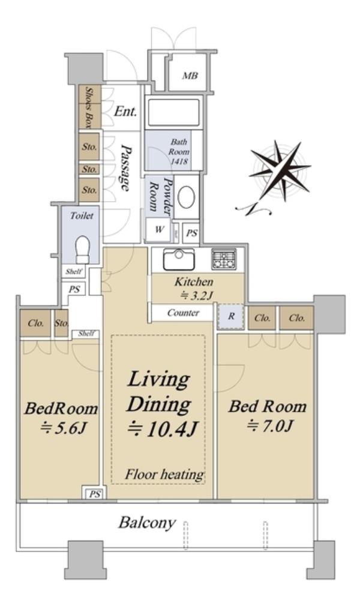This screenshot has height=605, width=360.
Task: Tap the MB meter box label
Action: pyautogui.click(x=190, y=76)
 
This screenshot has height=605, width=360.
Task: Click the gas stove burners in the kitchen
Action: pyautogui.click(x=223, y=259)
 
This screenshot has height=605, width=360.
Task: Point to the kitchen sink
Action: pyautogui.click(x=179, y=259)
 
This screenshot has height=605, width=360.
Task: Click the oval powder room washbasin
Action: pyautogui.click(x=187, y=197)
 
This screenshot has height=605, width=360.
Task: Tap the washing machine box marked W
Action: pyautogui.click(x=159, y=229)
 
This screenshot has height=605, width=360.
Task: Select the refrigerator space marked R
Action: pyautogui.click(x=231, y=316)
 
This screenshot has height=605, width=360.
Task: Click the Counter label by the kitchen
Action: pyautogui.click(x=183, y=313)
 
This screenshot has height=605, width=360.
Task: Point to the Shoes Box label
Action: pyautogui.click(x=89, y=107)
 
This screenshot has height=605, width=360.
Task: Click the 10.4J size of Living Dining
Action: pyautogui.click(x=163, y=429)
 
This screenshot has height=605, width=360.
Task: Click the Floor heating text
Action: pyautogui.click(x=164, y=474)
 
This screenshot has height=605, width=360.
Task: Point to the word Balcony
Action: pyautogui.click(x=147, y=523)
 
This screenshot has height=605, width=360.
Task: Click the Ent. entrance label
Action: pyautogui.click(x=125, y=112)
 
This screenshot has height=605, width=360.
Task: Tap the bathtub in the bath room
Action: pyautogui.click(x=173, y=112)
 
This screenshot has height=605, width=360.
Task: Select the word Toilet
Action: pyautogui.click(x=82, y=215)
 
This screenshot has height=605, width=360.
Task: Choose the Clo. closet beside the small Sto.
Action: pyautogui.click(x=35, y=322)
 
